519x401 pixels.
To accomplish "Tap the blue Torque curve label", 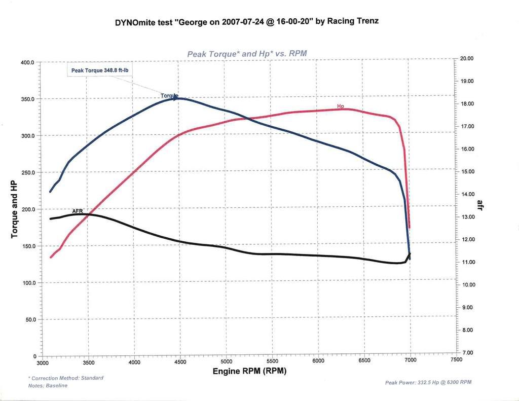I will pos(169,95).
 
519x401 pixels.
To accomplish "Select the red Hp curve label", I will pos(341,106).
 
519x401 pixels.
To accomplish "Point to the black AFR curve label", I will pos(77,210).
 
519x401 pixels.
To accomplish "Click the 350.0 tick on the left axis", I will pos(27,99).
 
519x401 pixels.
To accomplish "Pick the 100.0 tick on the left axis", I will pos(27,283).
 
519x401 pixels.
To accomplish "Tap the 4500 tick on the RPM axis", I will pos(180,361).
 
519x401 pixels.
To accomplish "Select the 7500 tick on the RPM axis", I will pos(456,359).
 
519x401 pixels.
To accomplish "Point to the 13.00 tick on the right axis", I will pos(469,217).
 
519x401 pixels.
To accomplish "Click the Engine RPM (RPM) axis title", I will pos(249,372).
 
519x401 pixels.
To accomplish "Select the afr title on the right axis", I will pos(479,205).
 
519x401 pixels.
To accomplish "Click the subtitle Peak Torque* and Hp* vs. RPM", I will pos(247,53).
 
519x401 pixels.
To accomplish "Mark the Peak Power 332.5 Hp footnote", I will pos(428,382).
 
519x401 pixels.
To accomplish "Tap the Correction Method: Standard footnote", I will pos(66,378).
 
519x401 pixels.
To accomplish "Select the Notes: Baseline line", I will pos(48,386).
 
